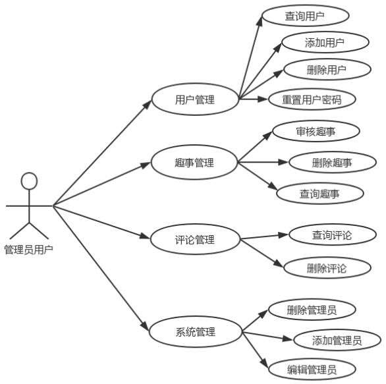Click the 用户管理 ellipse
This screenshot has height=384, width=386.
(195, 99)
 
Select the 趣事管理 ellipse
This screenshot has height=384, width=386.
(194, 162)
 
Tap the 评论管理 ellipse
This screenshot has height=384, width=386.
(195, 239)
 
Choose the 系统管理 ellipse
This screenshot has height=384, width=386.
(196, 332)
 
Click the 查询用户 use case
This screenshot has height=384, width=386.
(306, 16)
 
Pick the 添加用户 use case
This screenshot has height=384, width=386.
(325, 42)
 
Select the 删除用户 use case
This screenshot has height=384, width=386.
(327, 70)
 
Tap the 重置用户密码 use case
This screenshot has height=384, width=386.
(312, 99)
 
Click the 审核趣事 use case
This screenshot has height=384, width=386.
(316, 131)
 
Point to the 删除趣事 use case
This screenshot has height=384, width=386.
(333, 163)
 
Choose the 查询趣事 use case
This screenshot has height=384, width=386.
(320, 194)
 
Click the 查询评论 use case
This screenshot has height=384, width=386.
(333, 235)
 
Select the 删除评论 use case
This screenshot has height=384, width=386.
(327, 268)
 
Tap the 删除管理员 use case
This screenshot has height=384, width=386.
(312, 310)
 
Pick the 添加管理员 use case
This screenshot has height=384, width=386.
(337, 340)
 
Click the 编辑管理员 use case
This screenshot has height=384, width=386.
(312, 370)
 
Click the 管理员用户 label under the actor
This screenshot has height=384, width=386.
(29, 250)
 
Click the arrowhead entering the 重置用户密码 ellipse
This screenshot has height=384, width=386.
(263, 99)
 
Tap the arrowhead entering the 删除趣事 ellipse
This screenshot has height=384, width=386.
(284, 162)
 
